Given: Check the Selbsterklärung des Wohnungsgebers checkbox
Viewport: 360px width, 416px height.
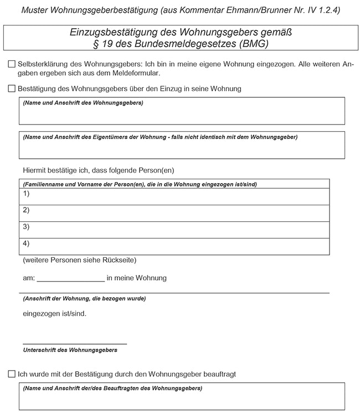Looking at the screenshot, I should pos(12,64).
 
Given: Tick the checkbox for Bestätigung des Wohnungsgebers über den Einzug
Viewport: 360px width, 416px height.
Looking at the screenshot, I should pos(12,89).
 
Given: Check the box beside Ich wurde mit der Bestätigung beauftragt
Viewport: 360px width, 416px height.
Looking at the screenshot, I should pos(12,375).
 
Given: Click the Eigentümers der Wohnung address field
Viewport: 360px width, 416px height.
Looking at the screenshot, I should pos(182,148).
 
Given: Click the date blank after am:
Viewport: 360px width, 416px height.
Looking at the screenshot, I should pos(70,278).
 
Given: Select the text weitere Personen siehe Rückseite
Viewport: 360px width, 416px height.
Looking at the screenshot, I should pos(80,260).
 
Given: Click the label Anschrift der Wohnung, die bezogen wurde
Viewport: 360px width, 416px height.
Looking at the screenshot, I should pos(84,299).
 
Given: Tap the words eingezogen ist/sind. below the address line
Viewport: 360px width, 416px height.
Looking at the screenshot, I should pos(54,314).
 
